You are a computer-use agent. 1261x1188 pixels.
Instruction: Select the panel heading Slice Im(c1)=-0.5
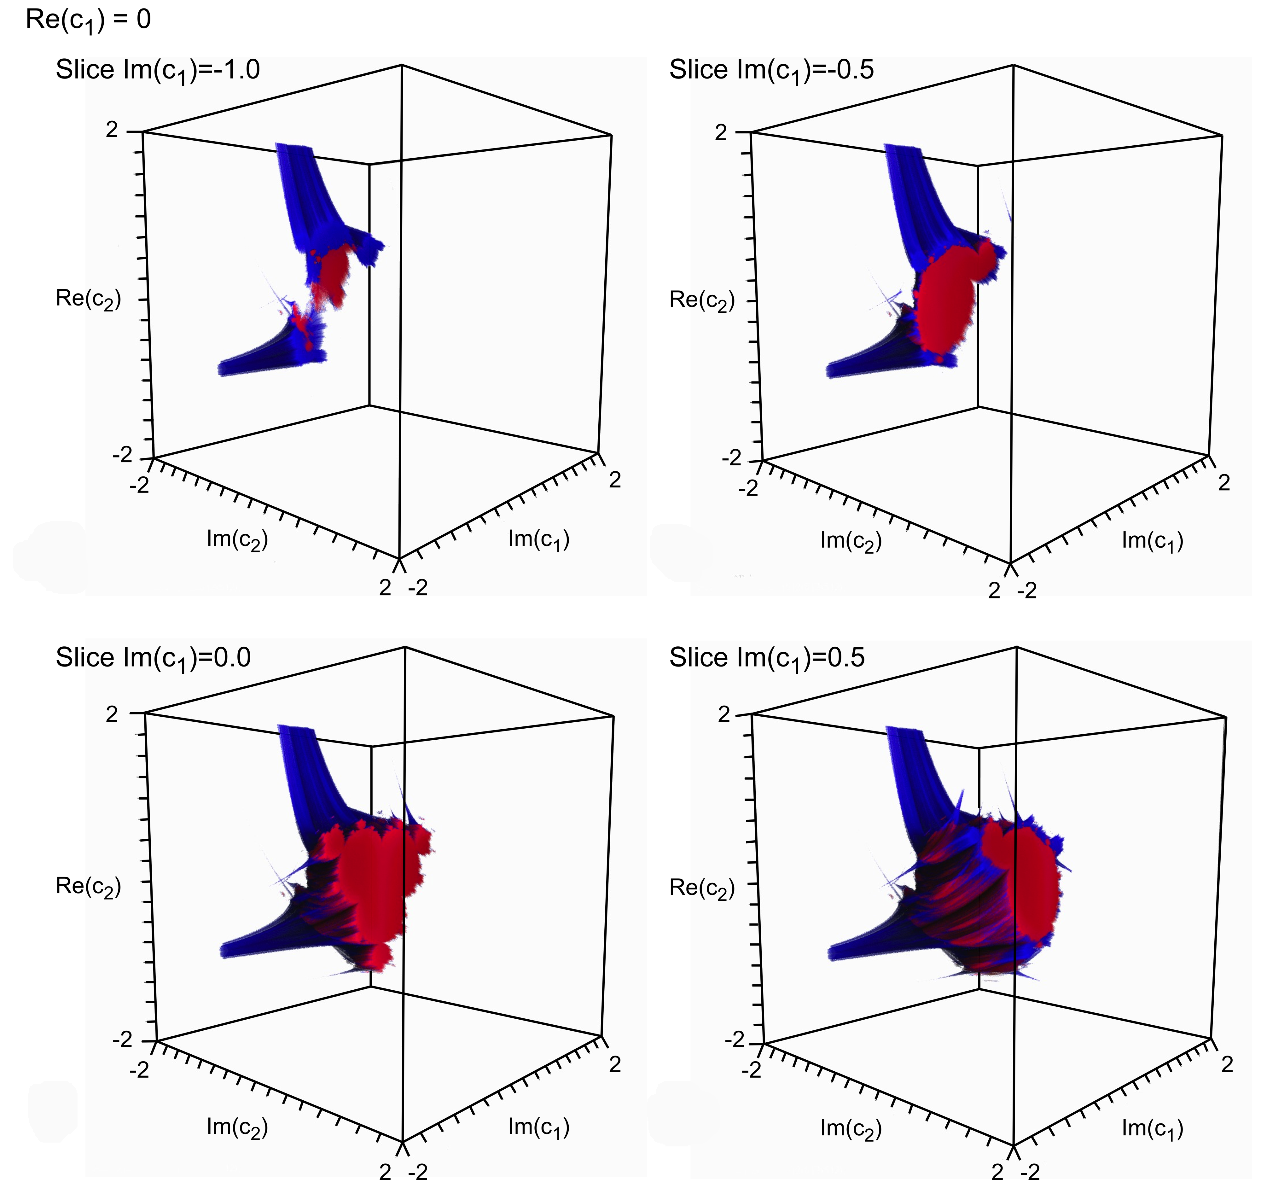771,70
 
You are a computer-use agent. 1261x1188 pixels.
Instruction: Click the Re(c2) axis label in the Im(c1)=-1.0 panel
88,300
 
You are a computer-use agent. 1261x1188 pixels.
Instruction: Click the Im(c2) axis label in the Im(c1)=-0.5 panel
851,541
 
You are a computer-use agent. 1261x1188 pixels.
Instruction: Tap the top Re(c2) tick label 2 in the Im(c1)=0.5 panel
724,715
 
